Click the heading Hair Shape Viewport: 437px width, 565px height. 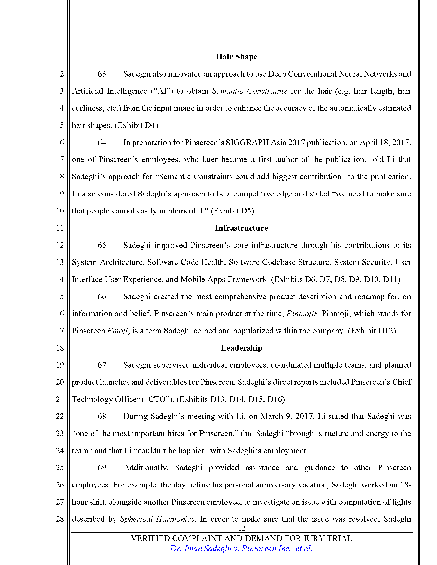pyautogui.click(x=236, y=57)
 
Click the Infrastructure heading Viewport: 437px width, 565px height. pyautogui.click(x=241, y=228)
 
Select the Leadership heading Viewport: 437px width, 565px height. pyautogui.click(x=241, y=348)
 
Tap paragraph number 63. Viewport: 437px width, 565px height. pyautogui.click(x=103, y=74)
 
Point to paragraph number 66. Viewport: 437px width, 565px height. pyautogui.click(x=103, y=296)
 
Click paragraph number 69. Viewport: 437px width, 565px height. pyautogui.click(x=103, y=468)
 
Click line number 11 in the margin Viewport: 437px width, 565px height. pyautogui.click(x=60, y=228)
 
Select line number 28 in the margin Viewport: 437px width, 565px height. pyautogui.click(x=60, y=519)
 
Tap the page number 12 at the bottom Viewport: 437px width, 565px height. pyautogui.click(x=241, y=528)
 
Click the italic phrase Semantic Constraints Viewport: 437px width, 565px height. pyautogui.click(x=249, y=91)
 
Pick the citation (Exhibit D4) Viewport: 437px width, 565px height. pyautogui.click(x=136, y=125)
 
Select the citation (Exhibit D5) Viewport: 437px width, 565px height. pyautogui.click(x=232, y=211)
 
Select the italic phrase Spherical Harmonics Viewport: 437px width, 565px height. pyautogui.click(x=157, y=519)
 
